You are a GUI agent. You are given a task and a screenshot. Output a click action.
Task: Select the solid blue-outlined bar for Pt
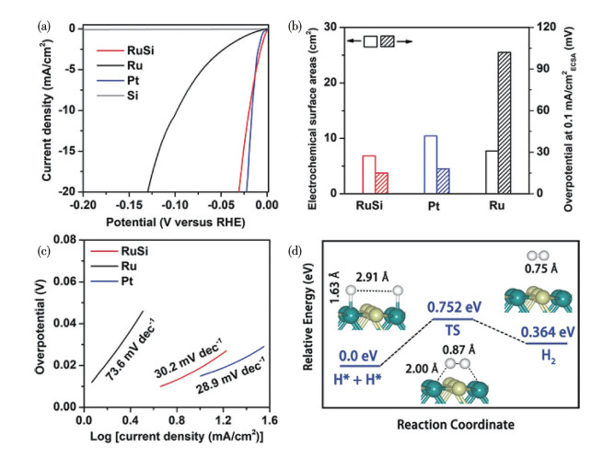tap(430, 165)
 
